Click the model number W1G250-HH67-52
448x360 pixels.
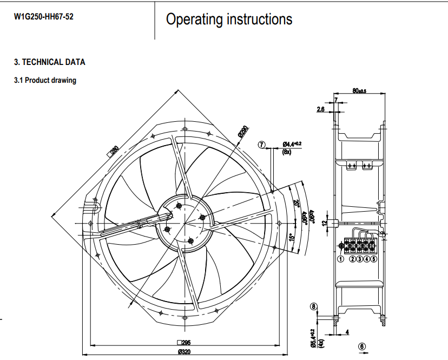click(x=44, y=17)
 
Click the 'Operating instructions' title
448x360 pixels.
click(x=229, y=19)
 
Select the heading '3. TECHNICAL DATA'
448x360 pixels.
click(x=49, y=62)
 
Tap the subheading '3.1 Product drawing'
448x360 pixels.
click(x=45, y=80)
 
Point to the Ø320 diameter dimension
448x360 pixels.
click(x=184, y=352)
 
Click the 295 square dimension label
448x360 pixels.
click(x=184, y=342)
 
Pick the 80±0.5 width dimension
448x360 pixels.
click(x=359, y=91)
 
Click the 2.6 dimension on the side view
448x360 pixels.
click(x=320, y=109)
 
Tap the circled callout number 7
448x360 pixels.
click(x=262, y=145)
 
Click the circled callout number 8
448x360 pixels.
click(x=313, y=306)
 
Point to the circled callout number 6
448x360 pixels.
click(x=361, y=346)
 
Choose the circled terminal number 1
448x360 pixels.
click(x=341, y=259)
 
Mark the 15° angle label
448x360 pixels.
click(x=291, y=237)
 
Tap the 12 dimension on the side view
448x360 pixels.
click(x=325, y=222)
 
